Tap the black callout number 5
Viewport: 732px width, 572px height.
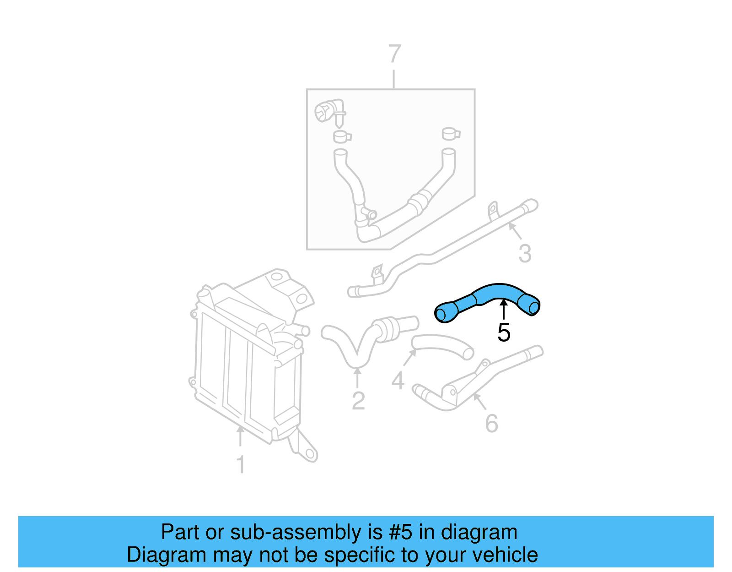pos(504,332)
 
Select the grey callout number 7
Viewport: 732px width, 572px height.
pos(394,54)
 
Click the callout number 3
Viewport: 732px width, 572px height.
pos(525,253)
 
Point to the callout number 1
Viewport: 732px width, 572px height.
pos(241,464)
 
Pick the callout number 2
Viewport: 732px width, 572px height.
pos(358,401)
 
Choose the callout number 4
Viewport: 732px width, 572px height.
pos(398,381)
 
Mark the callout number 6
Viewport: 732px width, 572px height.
pos(491,423)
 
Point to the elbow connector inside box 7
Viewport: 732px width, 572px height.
pos(328,111)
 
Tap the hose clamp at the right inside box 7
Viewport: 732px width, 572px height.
pos(450,134)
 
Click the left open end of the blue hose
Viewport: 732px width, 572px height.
pos(441,314)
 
